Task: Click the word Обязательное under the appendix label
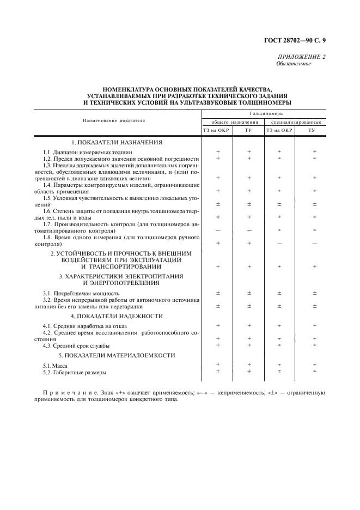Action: pos(294,63)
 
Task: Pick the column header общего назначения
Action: pos(233,122)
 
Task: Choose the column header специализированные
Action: pos(296,122)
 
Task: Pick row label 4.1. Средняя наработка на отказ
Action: pos(84,326)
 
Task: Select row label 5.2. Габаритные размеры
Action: pos(75,372)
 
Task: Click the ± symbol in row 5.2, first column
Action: pos(218,372)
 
